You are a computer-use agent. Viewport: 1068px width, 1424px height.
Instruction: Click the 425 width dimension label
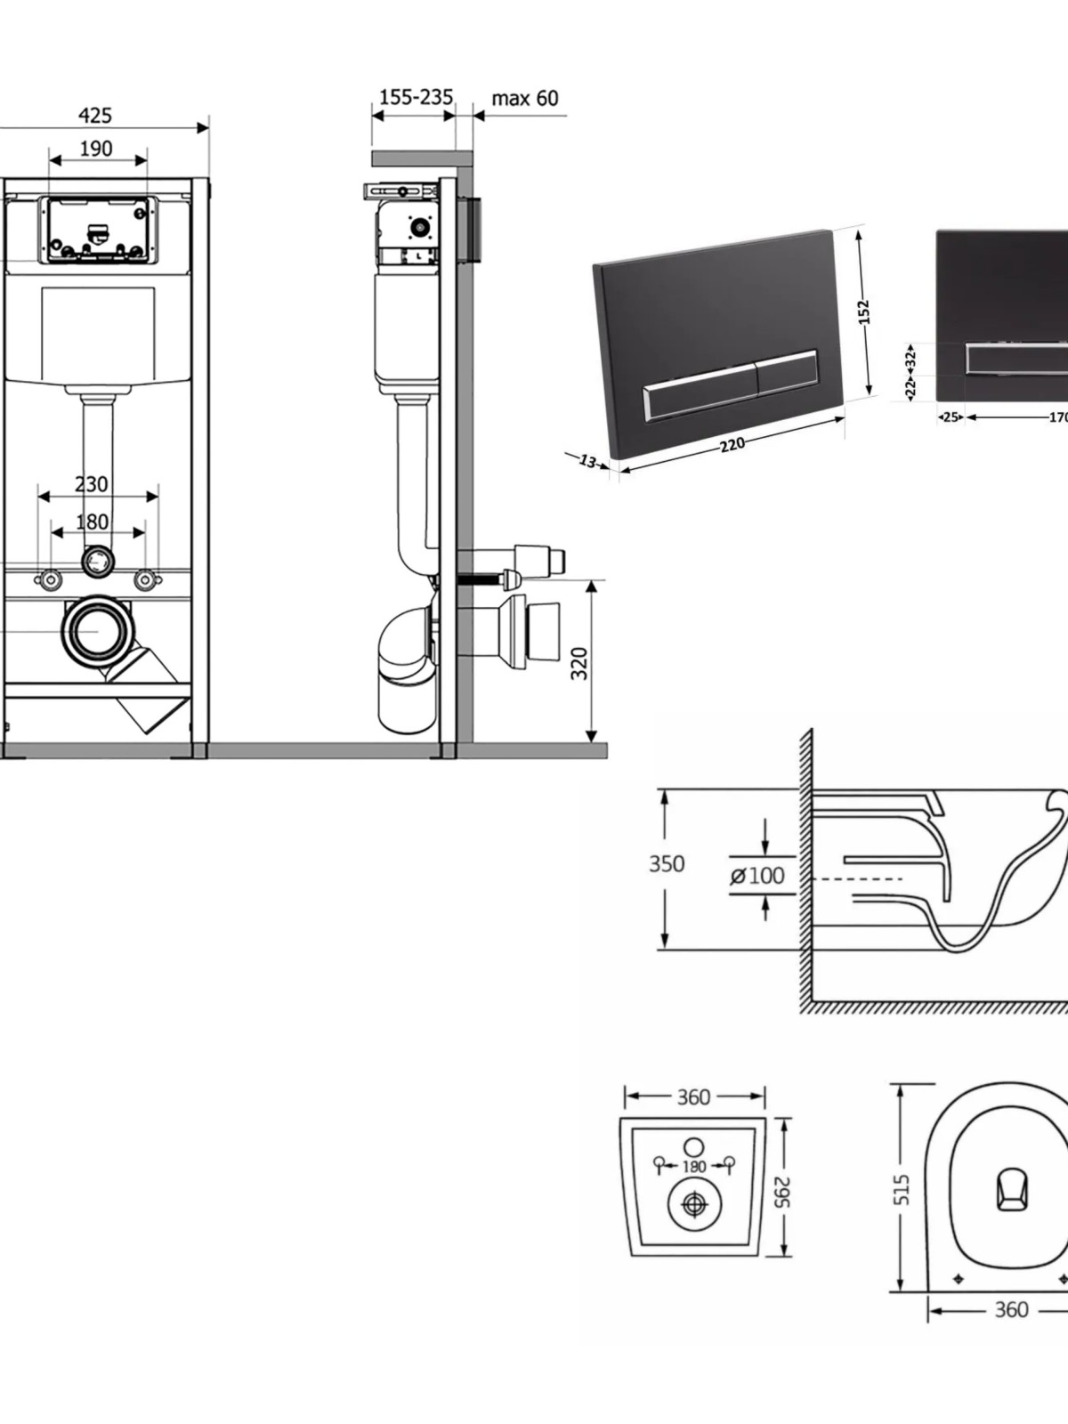click(x=95, y=116)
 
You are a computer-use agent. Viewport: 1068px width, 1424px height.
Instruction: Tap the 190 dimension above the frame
click(x=96, y=149)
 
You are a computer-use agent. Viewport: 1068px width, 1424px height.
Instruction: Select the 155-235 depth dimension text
click(x=416, y=97)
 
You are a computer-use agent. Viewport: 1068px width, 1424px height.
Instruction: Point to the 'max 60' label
click(x=524, y=98)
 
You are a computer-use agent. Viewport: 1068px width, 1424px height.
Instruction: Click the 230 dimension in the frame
click(x=92, y=484)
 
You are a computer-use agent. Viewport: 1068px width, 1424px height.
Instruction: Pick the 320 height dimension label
click(x=579, y=663)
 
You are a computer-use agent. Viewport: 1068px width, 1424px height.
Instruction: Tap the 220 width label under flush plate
click(x=732, y=445)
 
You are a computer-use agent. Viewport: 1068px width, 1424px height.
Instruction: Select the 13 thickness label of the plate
click(x=587, y=461)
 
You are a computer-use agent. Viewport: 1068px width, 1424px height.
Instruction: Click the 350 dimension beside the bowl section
click(x=666, y=863)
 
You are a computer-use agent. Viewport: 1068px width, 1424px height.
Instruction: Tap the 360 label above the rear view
click(x=694, y=1097)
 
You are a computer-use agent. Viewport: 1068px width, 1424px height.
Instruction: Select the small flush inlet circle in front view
click(x=98, y=560)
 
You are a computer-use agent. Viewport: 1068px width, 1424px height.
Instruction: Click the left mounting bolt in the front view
click(x=49, y=578)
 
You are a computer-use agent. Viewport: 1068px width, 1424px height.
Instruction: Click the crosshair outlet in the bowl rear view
click(x=695, y=1204)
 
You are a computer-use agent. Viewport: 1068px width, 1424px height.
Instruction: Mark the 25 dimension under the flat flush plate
click(x=951, y=417)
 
